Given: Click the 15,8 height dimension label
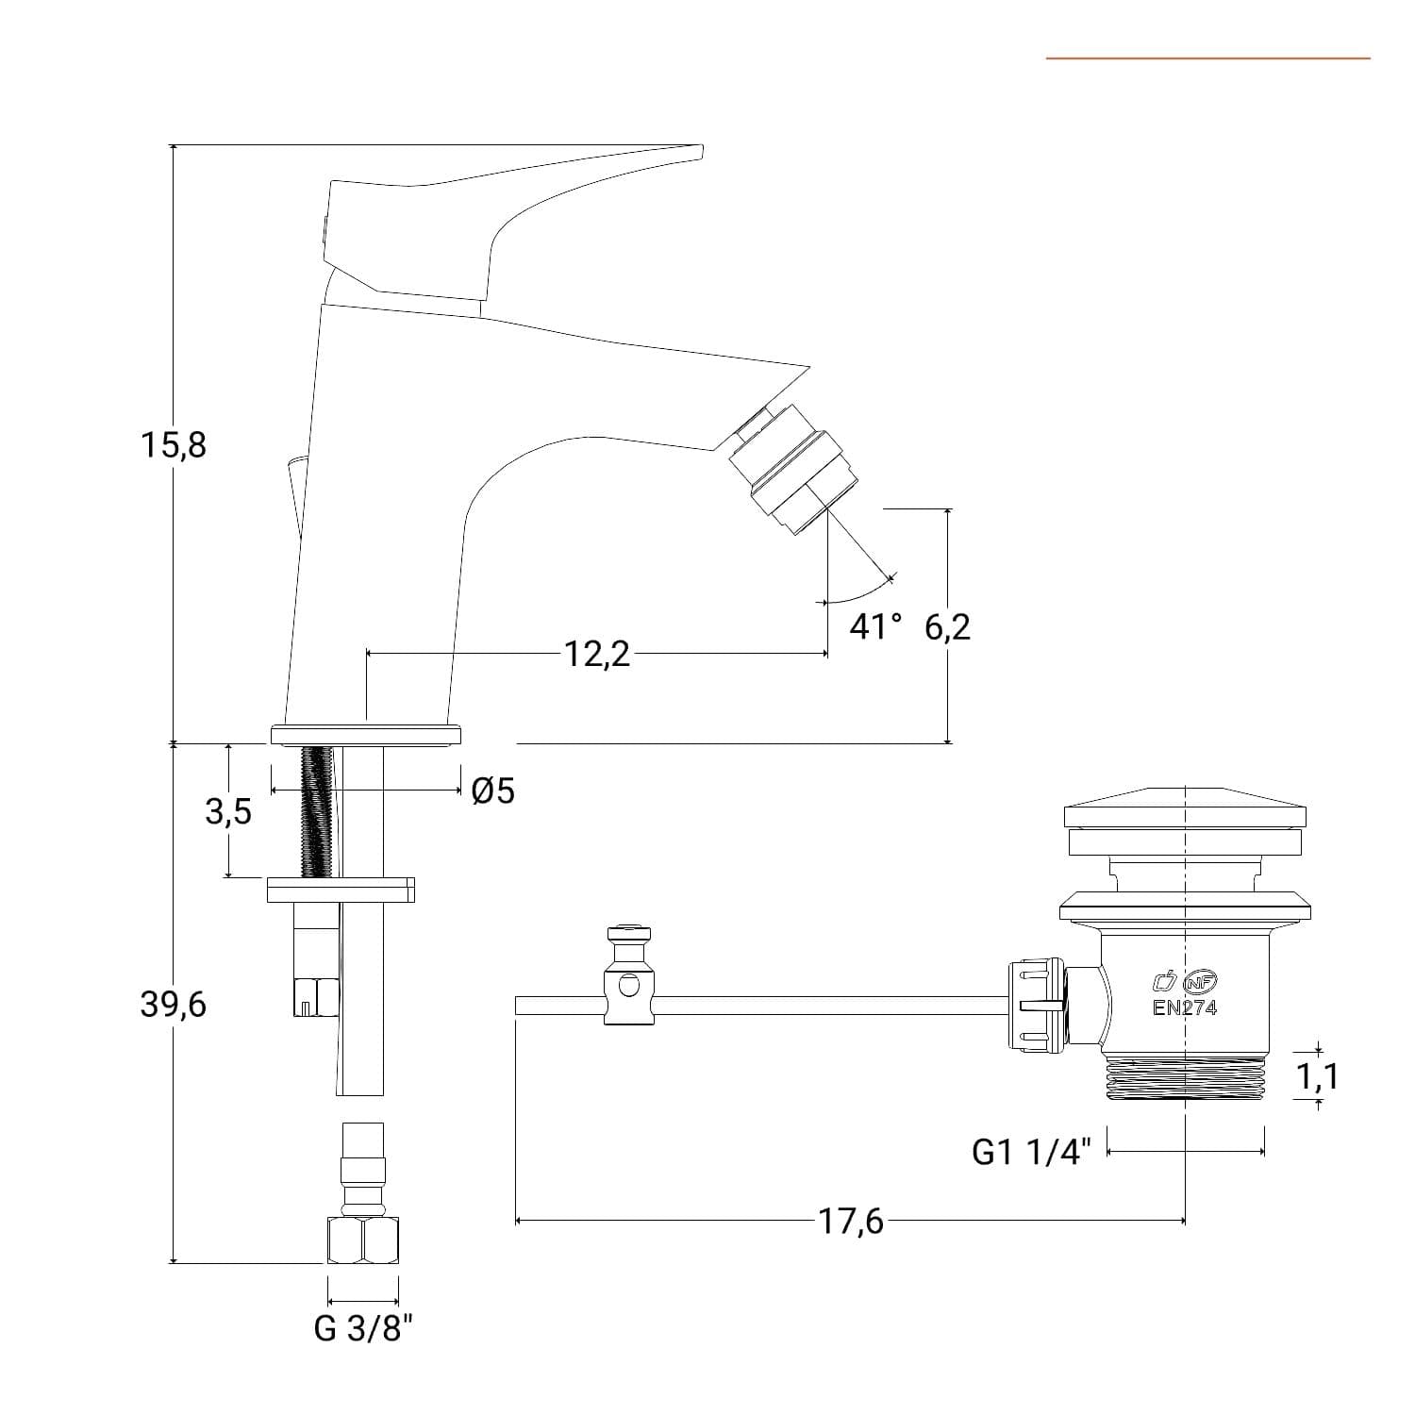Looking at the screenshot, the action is pyautogui.click(x=174, y=444).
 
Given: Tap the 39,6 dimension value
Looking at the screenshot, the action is pyautogui.click(x=174, y=1005).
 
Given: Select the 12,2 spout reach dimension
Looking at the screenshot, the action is pyautogui.click(x=597, y=653).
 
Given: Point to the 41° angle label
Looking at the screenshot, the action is pyautogui.click(x=875, y=626).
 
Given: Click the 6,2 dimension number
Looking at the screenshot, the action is pyautogui.click(x=947, y=626).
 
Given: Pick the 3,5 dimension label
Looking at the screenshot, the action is pyautogui.click(x=228, y=811).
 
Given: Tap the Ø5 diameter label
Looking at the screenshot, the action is pyautogui.click(x=492, y=791).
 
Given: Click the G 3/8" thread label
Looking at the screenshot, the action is pyautogui.click(x=363, y=1329).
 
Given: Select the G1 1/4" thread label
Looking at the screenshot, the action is pyautogui.click(x=1031, y=1152).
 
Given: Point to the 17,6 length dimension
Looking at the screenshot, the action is pyautogui.click(x=851, y=1222).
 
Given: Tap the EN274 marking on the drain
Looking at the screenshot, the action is pyautogui.click(x=1185, y=1007).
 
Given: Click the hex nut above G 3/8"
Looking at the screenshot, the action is pyautogui.click(x=363, y=1241).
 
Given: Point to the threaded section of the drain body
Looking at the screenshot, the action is pyautogui.click(x=1185, y=1078).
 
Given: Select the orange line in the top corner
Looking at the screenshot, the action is pyautogui.click(x=1208, y=58).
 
